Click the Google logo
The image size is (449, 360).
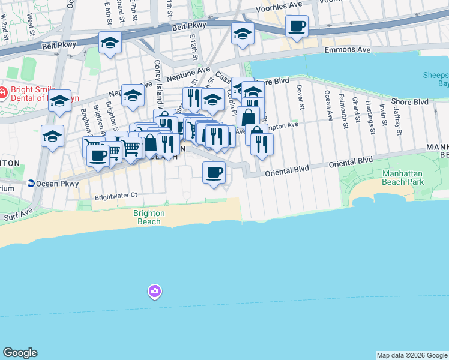pyautogui.click(x=20, y=353)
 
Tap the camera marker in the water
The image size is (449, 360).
pyautogui.click(x=155, y=292)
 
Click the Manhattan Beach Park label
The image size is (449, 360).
pyautogui.click(x=394, y=178)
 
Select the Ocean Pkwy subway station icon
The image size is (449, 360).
pyautogui.click(x=31, y=184)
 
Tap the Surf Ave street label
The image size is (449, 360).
pyautogui.click(x=18, y=214)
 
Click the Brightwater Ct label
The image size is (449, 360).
pyautogui.click(x=116, y=195)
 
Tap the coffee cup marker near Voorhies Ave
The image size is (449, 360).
pyautogui.click(x=297, y=26)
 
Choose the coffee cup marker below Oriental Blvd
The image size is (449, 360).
pyautogui.click(x=214, y=173)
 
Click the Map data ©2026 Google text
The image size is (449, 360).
pyautogui.click(x=411, y=355)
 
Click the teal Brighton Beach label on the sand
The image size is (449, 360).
pyautogui.click(x=148, y=217)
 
